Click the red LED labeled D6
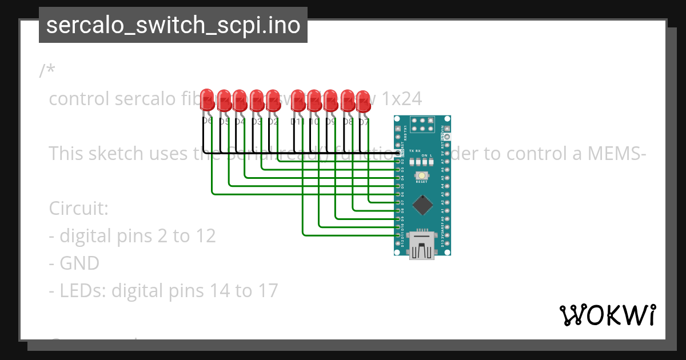pyautogui.click(x=208, y=100)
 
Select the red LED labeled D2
pyautogui.click(x=274, y=100)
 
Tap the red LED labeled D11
pyautogui.click(x=298, y=100)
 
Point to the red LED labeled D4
pyautogui.click(x=240, y=100)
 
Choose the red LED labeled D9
pyautogui.click(x=330, y=100)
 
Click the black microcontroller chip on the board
pyautogui.click(x=422, y=203)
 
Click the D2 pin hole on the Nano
pyautogui.click(x=398, y=162)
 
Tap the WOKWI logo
pyautogui.click(x=607, y=315)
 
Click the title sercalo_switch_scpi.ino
pyautogui.click(x=173, y=26)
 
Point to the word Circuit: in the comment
pyautogui.click(x=78, y=208)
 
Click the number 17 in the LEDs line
pyautogui.click(x=266, y=291)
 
